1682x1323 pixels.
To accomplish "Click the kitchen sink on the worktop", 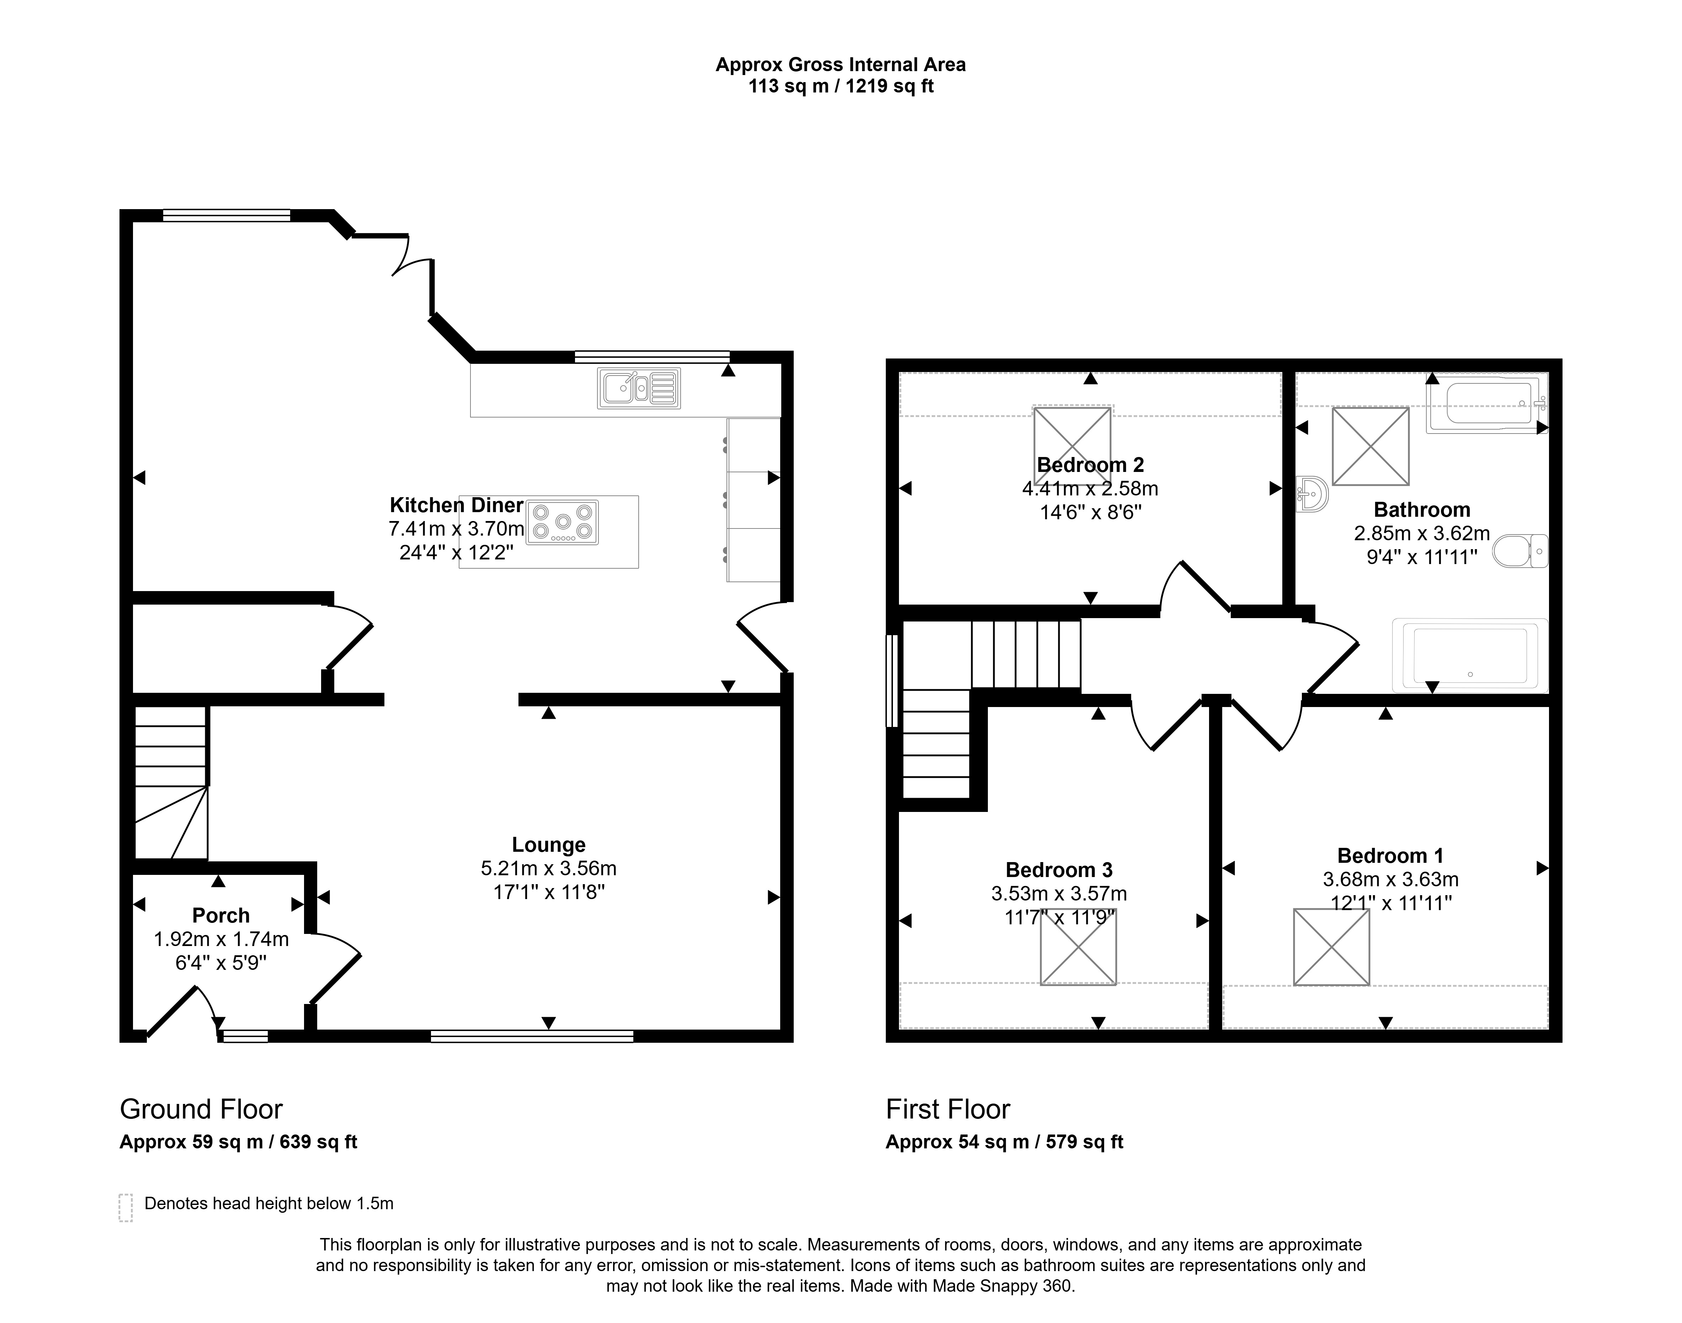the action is tap(639, 388).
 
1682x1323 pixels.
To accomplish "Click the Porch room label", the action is tap(221, 915).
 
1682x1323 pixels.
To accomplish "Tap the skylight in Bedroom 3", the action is tap(1078, 946).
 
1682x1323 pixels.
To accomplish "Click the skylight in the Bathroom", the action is tap(1370, 446).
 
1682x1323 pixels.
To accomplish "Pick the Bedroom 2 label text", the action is tap(1090, 465).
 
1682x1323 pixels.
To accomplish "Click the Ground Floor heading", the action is tap(201, 1109).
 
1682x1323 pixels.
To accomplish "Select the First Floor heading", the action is tap(948, 1109).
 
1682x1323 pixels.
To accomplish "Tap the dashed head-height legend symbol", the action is tap(126, 1207).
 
